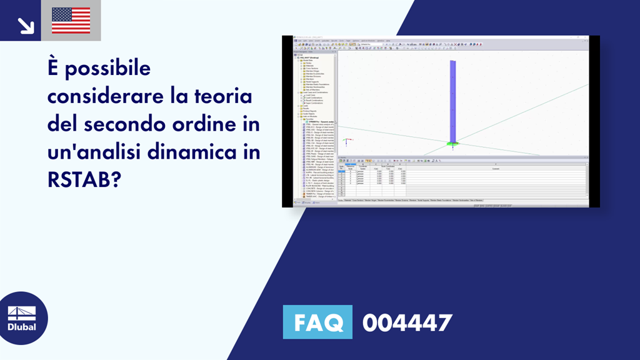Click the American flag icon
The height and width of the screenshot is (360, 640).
click(x=71, y=21)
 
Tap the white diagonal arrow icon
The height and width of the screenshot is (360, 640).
click(x=26, y=24)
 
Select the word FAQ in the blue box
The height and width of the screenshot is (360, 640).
click(x=317, y=322)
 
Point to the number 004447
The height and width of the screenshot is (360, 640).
click(x=407, y=322)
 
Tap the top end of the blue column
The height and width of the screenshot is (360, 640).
click(x=452, y=61)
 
